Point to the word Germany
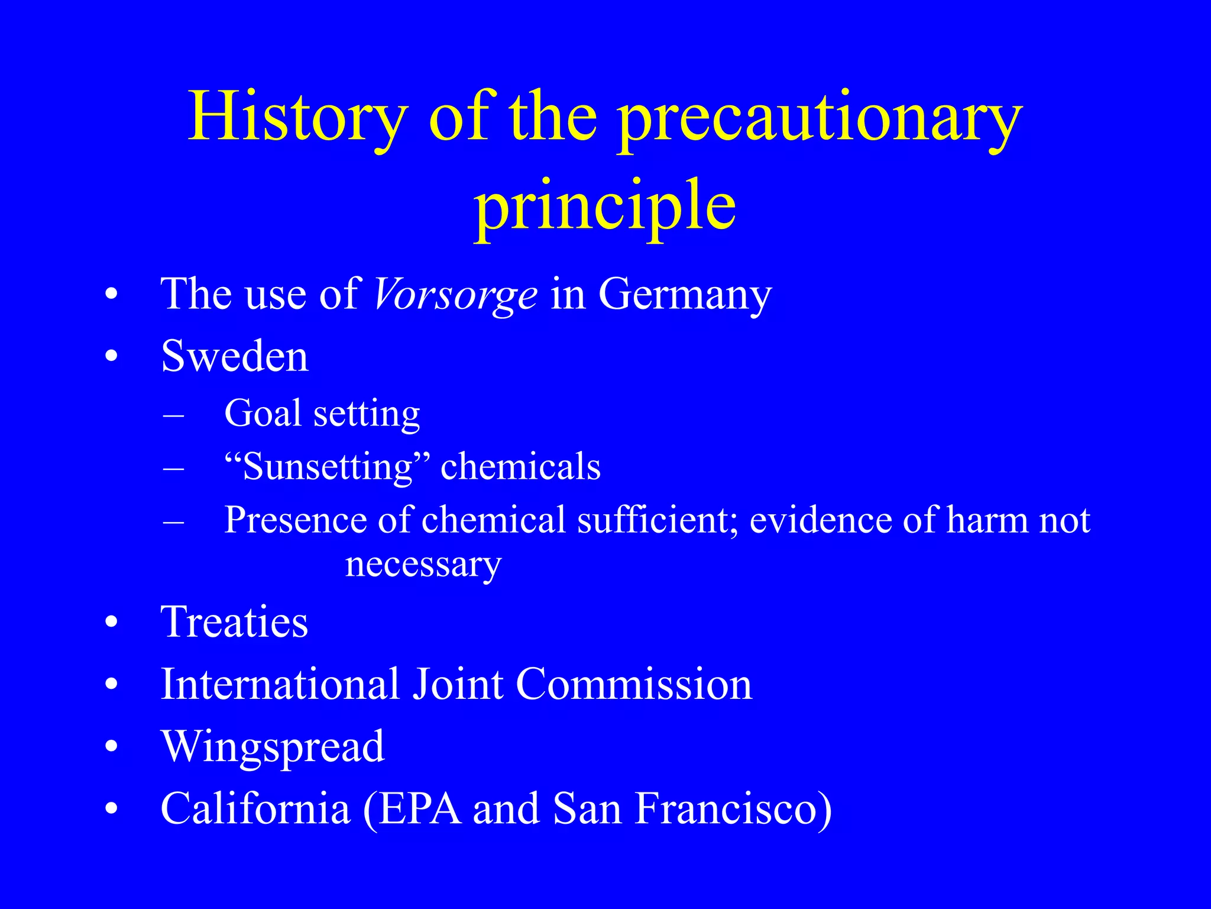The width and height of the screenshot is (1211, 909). tap(685, 294)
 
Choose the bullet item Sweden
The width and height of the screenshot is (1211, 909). tap(235, 356)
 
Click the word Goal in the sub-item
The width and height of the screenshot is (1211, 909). tap(263, 412)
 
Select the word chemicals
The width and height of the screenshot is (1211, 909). tap(520, 466)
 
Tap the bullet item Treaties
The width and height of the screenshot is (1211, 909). tap(235, 622)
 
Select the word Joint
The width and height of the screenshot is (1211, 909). tap(456, 684)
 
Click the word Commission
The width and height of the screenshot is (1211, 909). tap(634, 684)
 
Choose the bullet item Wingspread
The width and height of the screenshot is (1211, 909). tap(273, 747)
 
